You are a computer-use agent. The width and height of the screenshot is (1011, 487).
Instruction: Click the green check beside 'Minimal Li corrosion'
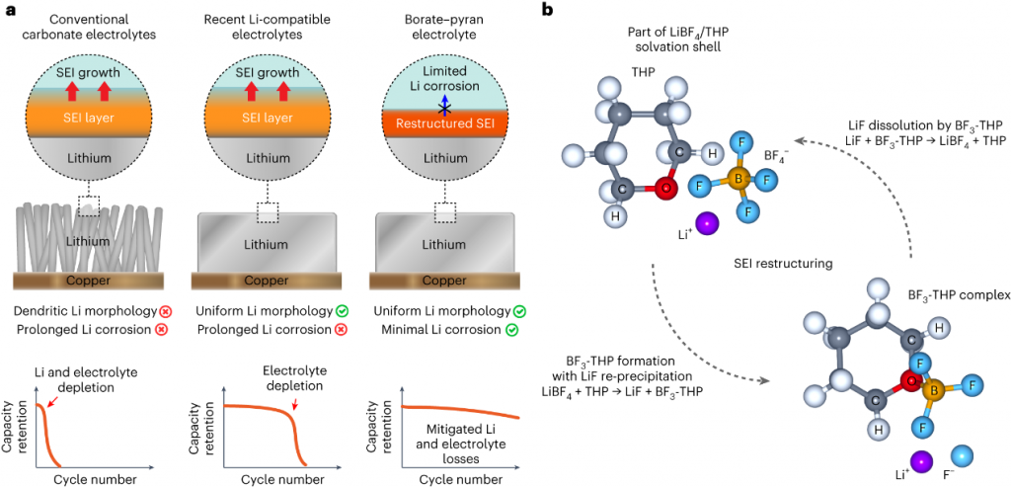(x=512, y=329)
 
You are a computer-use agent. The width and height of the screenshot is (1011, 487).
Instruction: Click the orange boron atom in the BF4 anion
(x=735, y=178)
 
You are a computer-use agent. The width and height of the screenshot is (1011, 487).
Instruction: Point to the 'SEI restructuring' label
(x=780, y=265)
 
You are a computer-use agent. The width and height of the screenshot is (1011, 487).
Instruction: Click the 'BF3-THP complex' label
(x=953, y=295)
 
